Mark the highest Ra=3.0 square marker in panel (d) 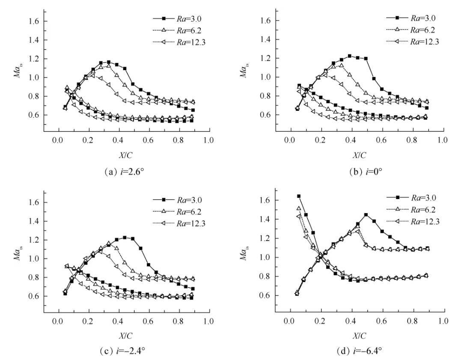299,196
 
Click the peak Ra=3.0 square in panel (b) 350,56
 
